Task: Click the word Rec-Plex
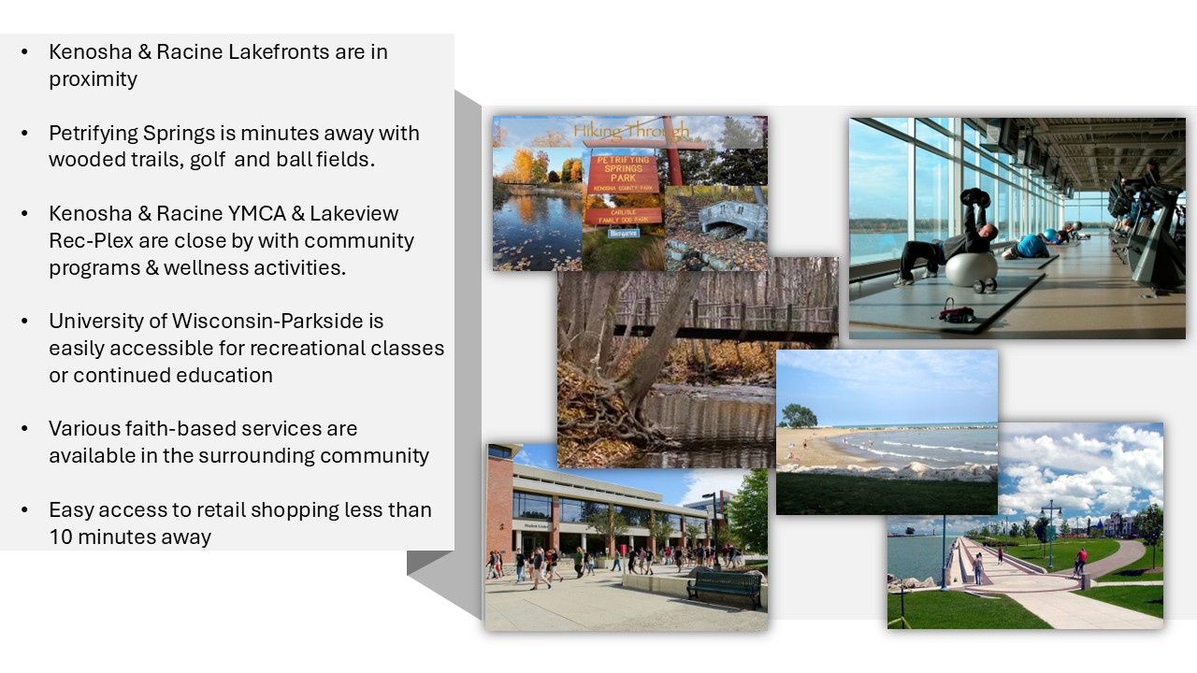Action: click(x=91, y=241)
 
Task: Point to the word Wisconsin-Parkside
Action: click(x=267, y=321)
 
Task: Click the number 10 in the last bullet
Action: click(x=61, y=537)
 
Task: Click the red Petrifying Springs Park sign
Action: click(x=623, y=173)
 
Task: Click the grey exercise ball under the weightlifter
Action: click(x=971, y=270)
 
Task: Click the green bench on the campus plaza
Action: click(x=724, y=589)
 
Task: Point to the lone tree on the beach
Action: click(x=799, y=415)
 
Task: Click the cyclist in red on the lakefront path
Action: click(x=1080, y=561)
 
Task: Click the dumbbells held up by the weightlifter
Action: click(x=975, y=197)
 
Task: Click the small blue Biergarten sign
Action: click(x=623, y=233)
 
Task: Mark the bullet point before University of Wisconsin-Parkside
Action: click(x=24, y=322)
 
